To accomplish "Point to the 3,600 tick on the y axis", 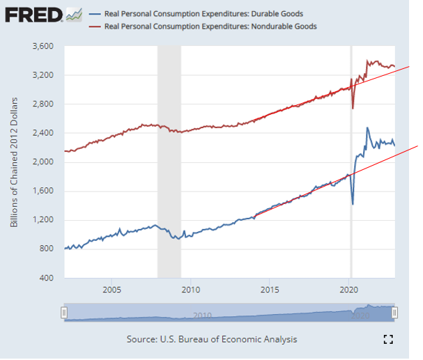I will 43,47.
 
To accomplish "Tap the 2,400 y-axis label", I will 43,133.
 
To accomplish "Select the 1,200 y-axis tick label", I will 43,221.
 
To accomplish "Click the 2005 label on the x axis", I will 111,289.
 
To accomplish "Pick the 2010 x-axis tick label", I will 191,289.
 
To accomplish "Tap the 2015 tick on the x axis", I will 270,289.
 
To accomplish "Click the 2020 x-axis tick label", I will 349,289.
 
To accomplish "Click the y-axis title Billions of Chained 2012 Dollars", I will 15,162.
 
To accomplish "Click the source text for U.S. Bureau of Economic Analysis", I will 212,339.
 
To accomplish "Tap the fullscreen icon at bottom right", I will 389,339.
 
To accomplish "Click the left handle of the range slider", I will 64,313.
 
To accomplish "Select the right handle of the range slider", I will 395,313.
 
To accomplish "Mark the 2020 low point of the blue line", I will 353,203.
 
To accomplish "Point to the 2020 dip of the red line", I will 353,107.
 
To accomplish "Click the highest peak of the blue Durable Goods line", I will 367,128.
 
